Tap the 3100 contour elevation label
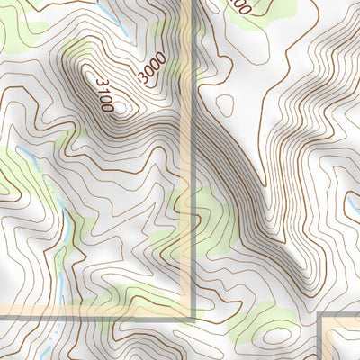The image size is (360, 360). (102, 94)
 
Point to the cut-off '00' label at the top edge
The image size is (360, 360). (238, 5)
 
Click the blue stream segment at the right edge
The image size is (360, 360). (353, 209)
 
